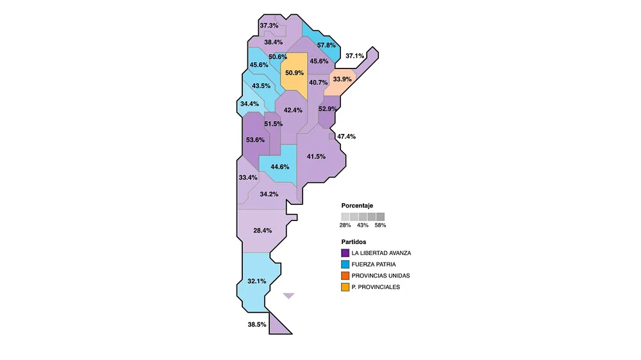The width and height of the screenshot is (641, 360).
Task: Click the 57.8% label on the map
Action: tap(326, 45)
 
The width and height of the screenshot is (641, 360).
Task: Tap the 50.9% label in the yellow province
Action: tap(294, 73)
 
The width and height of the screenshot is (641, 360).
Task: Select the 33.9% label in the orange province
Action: tap(342, 79)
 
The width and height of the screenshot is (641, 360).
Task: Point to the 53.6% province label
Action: tap(255, 140)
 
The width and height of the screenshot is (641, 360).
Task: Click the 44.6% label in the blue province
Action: tap(280, 167)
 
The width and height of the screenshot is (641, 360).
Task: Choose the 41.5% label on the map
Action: tap(316, 156)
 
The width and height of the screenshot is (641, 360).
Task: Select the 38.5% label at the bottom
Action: tap(256, 325)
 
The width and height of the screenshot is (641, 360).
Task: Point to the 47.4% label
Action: tap(346, 136)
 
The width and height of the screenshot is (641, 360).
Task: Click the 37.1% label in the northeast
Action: tap(354, 56)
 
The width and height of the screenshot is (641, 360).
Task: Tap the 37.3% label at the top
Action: tap(269, 26)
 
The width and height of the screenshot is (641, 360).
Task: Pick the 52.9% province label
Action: tap(328, 109)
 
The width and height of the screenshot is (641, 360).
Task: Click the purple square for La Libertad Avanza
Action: tap(345, 253)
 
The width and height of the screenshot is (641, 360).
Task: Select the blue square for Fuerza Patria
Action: tap(345, 265)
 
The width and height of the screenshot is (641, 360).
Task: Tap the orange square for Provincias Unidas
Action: tap(345, 276)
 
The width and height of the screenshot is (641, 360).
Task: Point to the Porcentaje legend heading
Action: tap(357, 206)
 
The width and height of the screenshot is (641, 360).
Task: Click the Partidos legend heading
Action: tap(354, 242)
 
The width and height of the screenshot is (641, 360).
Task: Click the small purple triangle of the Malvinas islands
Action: tap(288, 295)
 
